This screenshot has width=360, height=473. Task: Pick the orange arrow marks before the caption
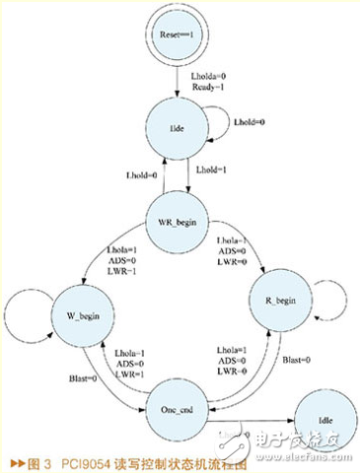point(14,460)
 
